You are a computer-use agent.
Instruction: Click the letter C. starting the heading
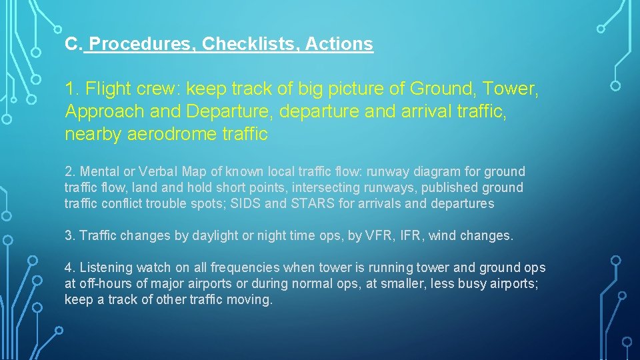73,45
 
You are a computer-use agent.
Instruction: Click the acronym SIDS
247,204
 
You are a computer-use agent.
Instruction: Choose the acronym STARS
313,204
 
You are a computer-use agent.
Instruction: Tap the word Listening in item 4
106,268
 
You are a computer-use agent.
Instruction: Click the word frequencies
245,268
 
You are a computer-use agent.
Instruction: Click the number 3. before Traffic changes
69,235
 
